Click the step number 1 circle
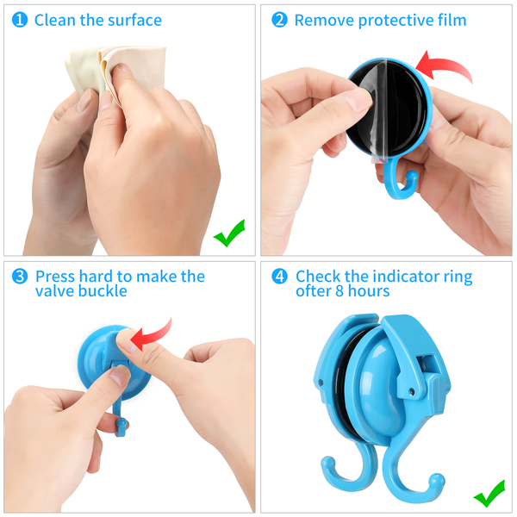click(20, 20)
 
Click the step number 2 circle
click(279, 20)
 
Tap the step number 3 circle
click(20, 277)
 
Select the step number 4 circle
click(279, 277)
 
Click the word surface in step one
click(135, 21)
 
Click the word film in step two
click(452, 20)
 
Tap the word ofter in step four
click(314, 291)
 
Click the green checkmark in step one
click(229, 233)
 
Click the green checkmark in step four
click(489, 493)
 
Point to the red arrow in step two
click(445, 65)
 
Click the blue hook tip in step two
click(412, 176)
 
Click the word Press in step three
click(55, 277)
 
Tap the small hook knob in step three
click(121, 423)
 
